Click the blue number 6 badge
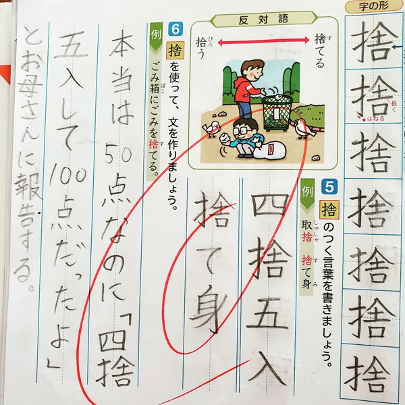pyautogui.click(x=175, y=29)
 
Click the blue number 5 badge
pyautogui.click(x=329, y=187)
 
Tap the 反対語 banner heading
pyautogui.click(x=263, y=20)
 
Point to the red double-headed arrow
pyautogui.click(x=263, y=40)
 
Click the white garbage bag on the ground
pyautogui.click(x=269, y=151)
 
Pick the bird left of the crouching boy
pyautogui.click(x=211, y=128)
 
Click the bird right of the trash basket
pyautogui.click(x=305, y=128)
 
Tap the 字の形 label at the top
pyautogui.click(x=373, y=6)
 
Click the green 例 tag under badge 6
pyautogui.click(x=156, y=37)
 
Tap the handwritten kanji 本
pyautogui.click(x=121, y=47)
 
